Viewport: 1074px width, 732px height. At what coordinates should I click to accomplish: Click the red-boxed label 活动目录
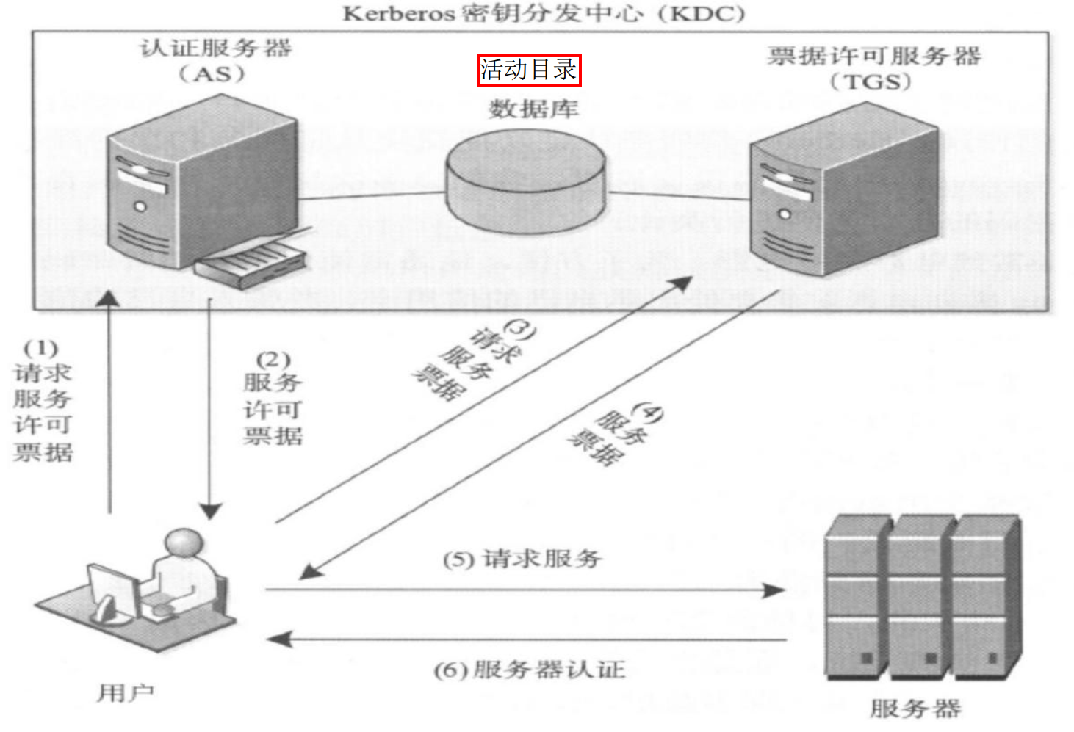tap(528, 70)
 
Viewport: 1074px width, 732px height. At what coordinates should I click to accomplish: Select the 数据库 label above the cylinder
tap(534, 109)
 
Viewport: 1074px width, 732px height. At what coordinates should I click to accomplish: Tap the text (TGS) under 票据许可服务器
tap(871, 81)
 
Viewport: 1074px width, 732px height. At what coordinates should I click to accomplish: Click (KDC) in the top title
tap(702, 13)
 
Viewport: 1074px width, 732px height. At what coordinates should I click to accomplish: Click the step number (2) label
tap(273, 359)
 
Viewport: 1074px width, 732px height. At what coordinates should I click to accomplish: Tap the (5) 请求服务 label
tap(522, 559)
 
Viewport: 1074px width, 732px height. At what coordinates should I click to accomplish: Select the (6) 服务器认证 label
tap(529, 670)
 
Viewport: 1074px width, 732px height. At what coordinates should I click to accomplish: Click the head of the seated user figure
tap(183, 544)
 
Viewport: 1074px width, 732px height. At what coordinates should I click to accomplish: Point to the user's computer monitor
tap(114, 590)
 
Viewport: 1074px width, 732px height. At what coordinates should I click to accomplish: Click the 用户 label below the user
tap(126, 692)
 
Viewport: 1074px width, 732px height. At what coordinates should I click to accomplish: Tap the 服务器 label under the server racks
tap(915, 709)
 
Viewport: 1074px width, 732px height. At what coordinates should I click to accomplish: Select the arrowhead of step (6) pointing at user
tap(280, 639)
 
